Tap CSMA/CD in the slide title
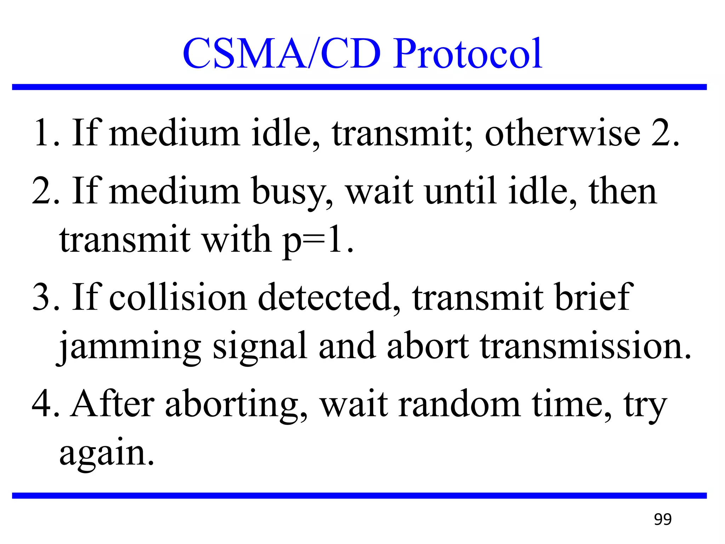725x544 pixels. tap(281, 54)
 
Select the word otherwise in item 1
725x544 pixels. tap(562, 134)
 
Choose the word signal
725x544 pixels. tap(259, 347)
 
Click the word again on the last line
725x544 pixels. tap(107, 454)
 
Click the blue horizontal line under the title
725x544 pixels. tap(359, 87)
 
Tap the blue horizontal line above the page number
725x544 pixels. tap(359, 495)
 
